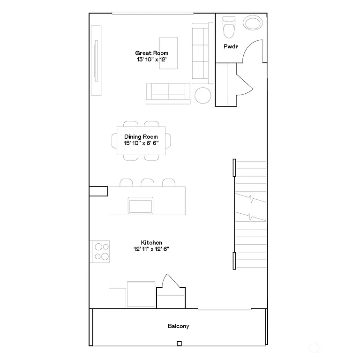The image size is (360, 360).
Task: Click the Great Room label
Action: click(x=151, y=53)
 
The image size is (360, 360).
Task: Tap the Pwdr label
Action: click(x=230, y=46)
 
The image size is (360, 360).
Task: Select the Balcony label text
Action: click(x=179, y=326)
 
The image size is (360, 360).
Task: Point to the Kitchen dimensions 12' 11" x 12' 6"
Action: click(x=151, y=249)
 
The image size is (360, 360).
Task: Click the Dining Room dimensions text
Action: click(x=142, y=143)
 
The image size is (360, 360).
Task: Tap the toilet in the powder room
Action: click(x=228, y=28)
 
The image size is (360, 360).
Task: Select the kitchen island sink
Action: click(x=141, y=205)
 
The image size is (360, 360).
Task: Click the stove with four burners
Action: click(x=101, y=250)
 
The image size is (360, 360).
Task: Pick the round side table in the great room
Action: click(x=203, y=95)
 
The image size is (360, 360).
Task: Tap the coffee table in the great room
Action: click(x=168, y=53)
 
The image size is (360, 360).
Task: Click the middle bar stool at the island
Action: click(x=148, y=183)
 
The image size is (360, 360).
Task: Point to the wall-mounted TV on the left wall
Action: click(x=97, y=61)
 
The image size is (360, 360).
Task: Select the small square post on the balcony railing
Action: click(x=179, y=344)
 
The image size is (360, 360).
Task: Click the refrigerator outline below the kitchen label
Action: click(x=141, y=294)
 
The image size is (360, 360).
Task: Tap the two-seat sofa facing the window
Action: click(x=168, y=93)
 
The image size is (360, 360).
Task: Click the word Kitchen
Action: click(x=151, y=242)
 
